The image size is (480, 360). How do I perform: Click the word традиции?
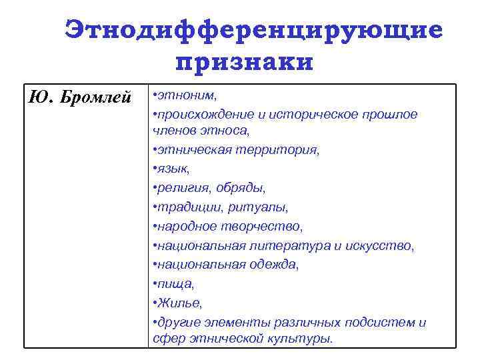[x=187, y=207]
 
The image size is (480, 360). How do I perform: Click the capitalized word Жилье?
[x=177, y=303]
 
